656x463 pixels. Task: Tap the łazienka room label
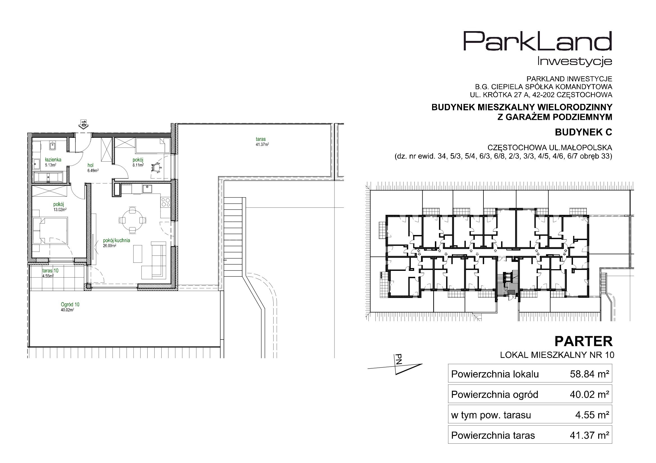(x=53, y=160)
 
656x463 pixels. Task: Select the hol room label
(x=91, y=165)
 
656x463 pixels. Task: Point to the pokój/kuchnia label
(x=116, y=241)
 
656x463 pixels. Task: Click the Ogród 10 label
(x=70, y=304)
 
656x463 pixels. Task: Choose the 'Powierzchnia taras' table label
(x=493, y=436)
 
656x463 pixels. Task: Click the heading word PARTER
(x=583, y=341)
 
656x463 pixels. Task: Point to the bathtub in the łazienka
(x=50, y=177)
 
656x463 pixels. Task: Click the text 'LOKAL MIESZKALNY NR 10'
(x=557, y=355)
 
